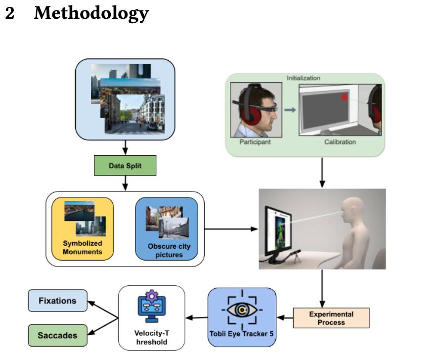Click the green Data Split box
click(x=125, y=166)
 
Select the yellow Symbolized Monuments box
click(x=83, y=228)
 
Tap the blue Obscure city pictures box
click(x=167, y=228)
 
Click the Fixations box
click(x=58, y=301)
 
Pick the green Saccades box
click(x=58, y=335)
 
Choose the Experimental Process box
click(x=331, y=318)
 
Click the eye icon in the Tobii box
click(x=242, y=310)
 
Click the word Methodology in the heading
click(x=91, y=13)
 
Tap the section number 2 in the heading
click(x=10, y=13)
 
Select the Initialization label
click(x=304, y=78)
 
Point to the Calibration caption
click(x=340, y=142)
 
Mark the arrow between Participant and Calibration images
click(x=290, y=109)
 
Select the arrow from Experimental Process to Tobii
click(x=285, y=317)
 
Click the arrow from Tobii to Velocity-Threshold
click(x=196, y=317)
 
